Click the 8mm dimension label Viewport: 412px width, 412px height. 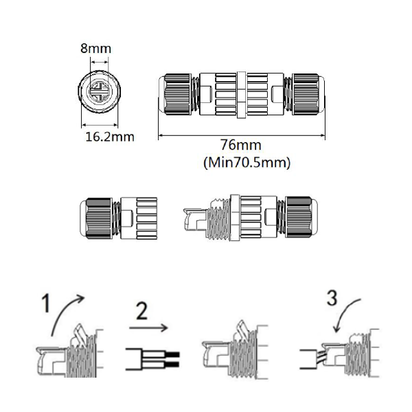[x=95, y=49]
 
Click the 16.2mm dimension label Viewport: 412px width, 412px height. [x=109, y=137]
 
